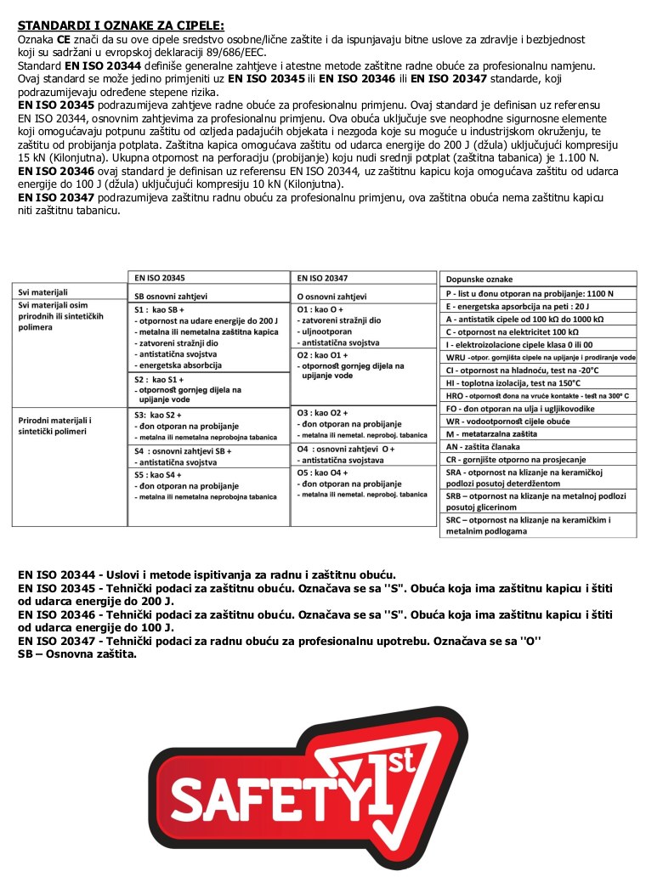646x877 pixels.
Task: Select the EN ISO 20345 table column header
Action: (160, 277)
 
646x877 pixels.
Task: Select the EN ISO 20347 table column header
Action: (322, 277)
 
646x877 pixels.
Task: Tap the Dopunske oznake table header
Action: (479, 279)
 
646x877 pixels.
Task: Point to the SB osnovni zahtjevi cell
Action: (171, 297)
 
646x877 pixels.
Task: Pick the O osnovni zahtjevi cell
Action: (331, 297)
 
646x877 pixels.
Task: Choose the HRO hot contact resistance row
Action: (537, 396)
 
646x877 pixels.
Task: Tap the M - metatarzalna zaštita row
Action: (502, 433)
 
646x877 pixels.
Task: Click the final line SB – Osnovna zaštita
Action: (77, 654)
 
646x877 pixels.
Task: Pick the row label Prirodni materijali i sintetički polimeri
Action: (55, 426)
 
